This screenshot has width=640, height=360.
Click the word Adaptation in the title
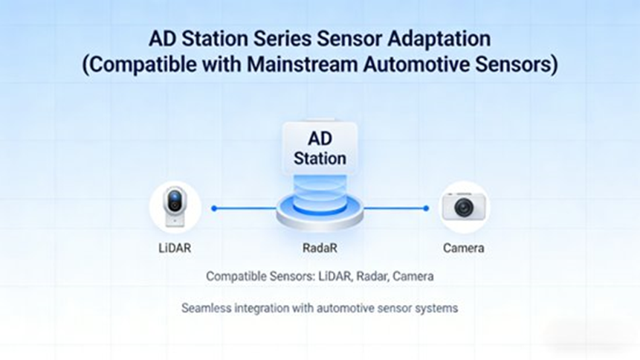439,39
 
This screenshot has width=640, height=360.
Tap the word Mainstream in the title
302,64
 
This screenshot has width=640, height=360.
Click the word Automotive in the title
416,64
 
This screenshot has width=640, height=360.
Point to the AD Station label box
320,148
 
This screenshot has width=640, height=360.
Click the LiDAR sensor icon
175,207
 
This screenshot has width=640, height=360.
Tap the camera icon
464,206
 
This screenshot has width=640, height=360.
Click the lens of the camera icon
464,208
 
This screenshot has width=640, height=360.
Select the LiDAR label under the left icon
175,248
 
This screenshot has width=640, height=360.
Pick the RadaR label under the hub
320,248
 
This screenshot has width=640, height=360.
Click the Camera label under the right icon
464,248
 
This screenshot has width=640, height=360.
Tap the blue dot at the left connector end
214,208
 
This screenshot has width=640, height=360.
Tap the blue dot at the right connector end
426,208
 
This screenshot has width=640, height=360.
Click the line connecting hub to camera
395,208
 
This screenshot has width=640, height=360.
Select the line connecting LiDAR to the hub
245,208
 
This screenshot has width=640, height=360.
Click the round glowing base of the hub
320,213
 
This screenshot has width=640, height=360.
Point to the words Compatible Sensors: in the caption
260,277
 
